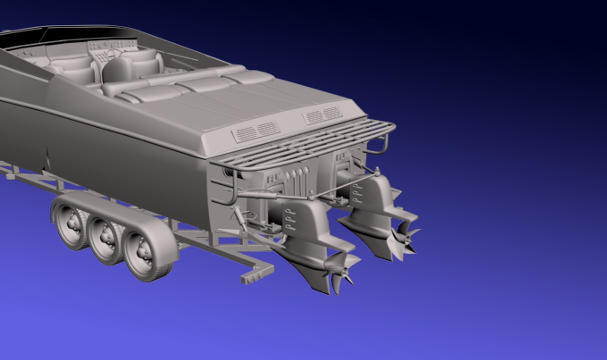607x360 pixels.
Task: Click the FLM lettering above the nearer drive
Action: (x=275, y=179)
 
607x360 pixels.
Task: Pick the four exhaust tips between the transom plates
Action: (x=298, y=173)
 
